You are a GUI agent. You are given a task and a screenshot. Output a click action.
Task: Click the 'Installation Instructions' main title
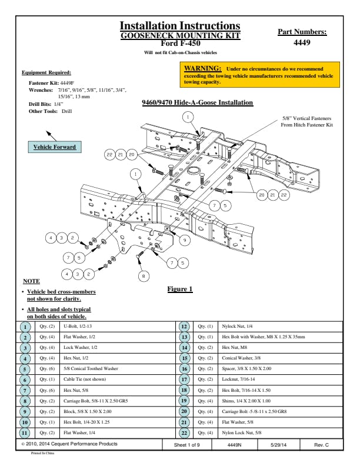pos(180,25)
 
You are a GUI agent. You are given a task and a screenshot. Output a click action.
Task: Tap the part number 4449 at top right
pos(302,42)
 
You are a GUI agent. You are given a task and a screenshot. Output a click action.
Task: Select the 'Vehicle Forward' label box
pos(55,147)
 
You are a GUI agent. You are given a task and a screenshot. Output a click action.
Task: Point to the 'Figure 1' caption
pos(180,289)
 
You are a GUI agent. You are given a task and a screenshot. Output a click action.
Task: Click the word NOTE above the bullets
pos(31,281)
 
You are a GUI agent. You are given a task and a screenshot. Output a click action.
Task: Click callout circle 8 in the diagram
pos(142,275)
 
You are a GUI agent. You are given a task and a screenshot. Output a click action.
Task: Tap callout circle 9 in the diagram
pos(184,240)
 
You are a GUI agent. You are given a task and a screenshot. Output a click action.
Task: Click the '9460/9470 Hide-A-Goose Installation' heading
pos(198,103)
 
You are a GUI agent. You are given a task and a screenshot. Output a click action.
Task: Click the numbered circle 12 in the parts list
pos(184,326)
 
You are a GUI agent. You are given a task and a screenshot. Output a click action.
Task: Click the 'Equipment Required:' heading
pos(46,72)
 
